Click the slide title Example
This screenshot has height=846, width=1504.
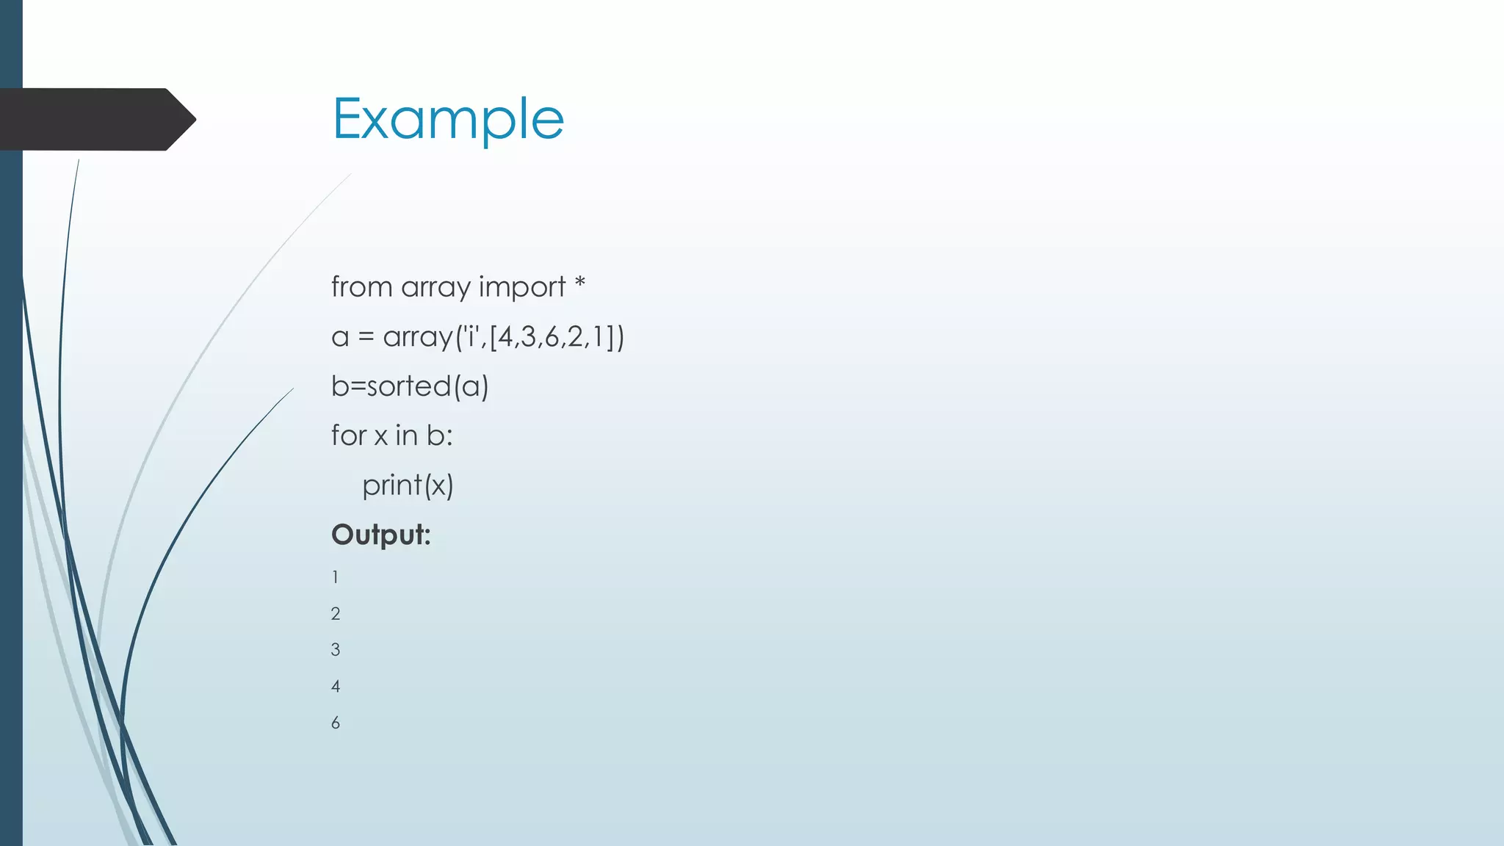point(448,120)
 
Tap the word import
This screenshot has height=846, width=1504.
point(521,287)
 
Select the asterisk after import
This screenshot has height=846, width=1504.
point(579,283)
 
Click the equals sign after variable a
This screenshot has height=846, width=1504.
point(366,337)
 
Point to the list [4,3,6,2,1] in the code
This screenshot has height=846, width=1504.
point(552,337)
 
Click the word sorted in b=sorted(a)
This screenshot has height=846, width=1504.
point(408,386)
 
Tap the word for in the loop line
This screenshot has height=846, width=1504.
point(348,435)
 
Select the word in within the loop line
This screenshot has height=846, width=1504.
point(406,435)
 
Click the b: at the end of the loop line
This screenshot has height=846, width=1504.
point(439,435)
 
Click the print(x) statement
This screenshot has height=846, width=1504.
point(408,485)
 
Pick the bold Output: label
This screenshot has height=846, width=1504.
point(380,535)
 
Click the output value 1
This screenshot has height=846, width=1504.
point(336,578)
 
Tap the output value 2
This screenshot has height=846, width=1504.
point(336,614)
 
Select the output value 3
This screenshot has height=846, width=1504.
point(336,650)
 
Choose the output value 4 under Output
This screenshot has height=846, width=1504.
point(336,687)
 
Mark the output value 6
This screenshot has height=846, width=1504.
point(336,723)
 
